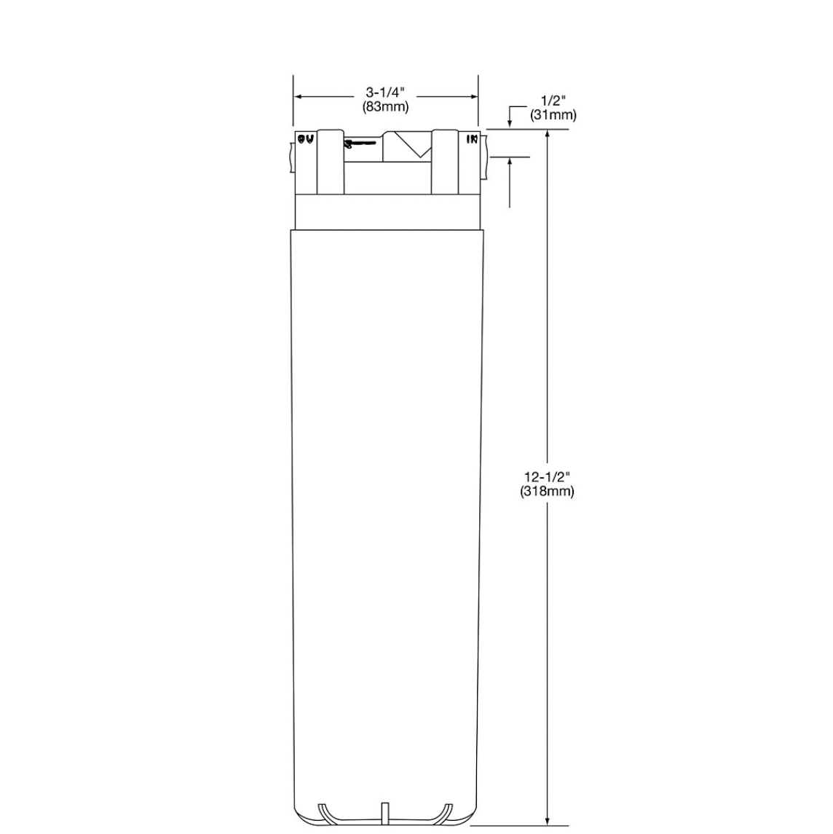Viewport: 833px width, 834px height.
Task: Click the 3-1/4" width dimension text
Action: (385, 93)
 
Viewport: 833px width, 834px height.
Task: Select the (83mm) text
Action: (385, 106)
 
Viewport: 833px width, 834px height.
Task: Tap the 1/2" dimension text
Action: (553, 101)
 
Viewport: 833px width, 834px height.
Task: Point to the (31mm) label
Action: (553, 114)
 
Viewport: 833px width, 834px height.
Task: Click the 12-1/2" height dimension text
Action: (547, 477)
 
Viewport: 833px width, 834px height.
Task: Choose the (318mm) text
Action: (547, 491)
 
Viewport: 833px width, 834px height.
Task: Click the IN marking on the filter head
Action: (472, 138)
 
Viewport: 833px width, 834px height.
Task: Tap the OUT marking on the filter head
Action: (305, 138)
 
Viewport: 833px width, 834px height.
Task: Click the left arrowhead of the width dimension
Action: (298, 95)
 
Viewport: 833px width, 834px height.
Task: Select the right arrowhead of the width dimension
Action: (473, 95)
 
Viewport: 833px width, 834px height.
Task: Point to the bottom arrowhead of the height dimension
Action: (547, 821)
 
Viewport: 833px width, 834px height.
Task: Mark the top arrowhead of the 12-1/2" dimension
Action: (547, 135)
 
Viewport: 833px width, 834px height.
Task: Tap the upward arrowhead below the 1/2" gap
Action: (509, 161)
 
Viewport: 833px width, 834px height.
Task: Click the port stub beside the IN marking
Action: (484, 157)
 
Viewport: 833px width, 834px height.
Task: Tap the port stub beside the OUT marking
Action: (291, 157)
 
